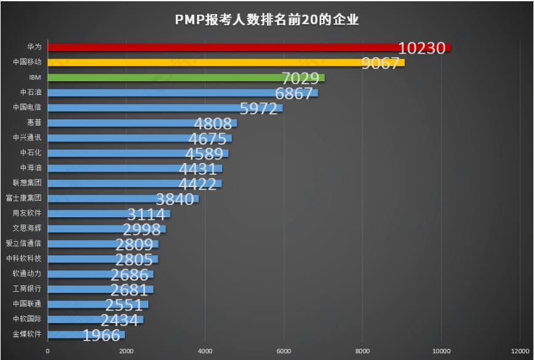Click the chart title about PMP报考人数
(x=266, y=20)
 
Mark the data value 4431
(x=198, y=169)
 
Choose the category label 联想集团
(x=27, y=183)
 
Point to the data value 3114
(x=146, y=214)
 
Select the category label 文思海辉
(x=27, y=228)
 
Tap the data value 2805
(x=134, y=260)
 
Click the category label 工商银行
(x=27, y=289)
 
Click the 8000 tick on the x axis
(x=362, y=351)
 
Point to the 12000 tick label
(x=519, y=351)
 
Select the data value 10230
(x=421, y=48)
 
